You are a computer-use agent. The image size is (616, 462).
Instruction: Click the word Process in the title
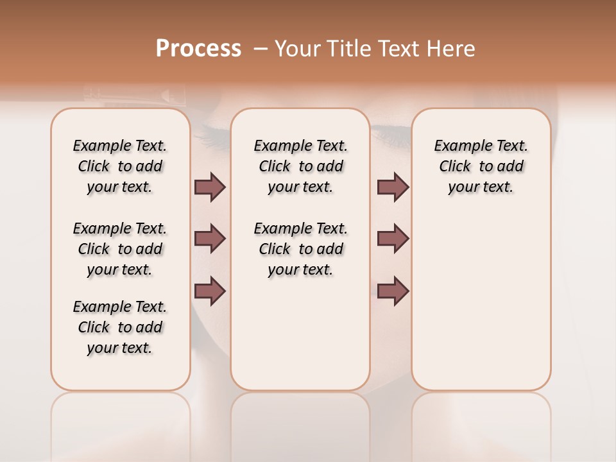point(198,49)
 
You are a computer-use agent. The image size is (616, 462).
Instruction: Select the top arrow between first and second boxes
point(210,187)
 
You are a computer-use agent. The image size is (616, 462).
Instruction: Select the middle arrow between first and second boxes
point(210,239)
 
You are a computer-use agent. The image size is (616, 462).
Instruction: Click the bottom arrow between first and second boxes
point(210,291)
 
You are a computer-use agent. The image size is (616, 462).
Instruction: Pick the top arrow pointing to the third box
point(393,187)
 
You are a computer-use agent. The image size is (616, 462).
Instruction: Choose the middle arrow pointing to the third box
point(393,239)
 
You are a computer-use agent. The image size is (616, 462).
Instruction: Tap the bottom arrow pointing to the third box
point(393,291)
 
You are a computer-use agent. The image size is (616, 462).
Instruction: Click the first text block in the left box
point(120,166)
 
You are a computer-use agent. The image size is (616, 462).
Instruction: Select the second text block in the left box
point(120,249)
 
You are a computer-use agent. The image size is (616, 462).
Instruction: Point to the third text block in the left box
point(120,327)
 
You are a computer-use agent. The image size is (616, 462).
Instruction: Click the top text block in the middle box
point(300,166)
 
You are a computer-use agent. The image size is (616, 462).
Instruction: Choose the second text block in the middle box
point(300,249)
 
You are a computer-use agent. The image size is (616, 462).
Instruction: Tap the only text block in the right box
point(481,166)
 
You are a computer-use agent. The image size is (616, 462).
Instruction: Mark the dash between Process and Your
point(261,49)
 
